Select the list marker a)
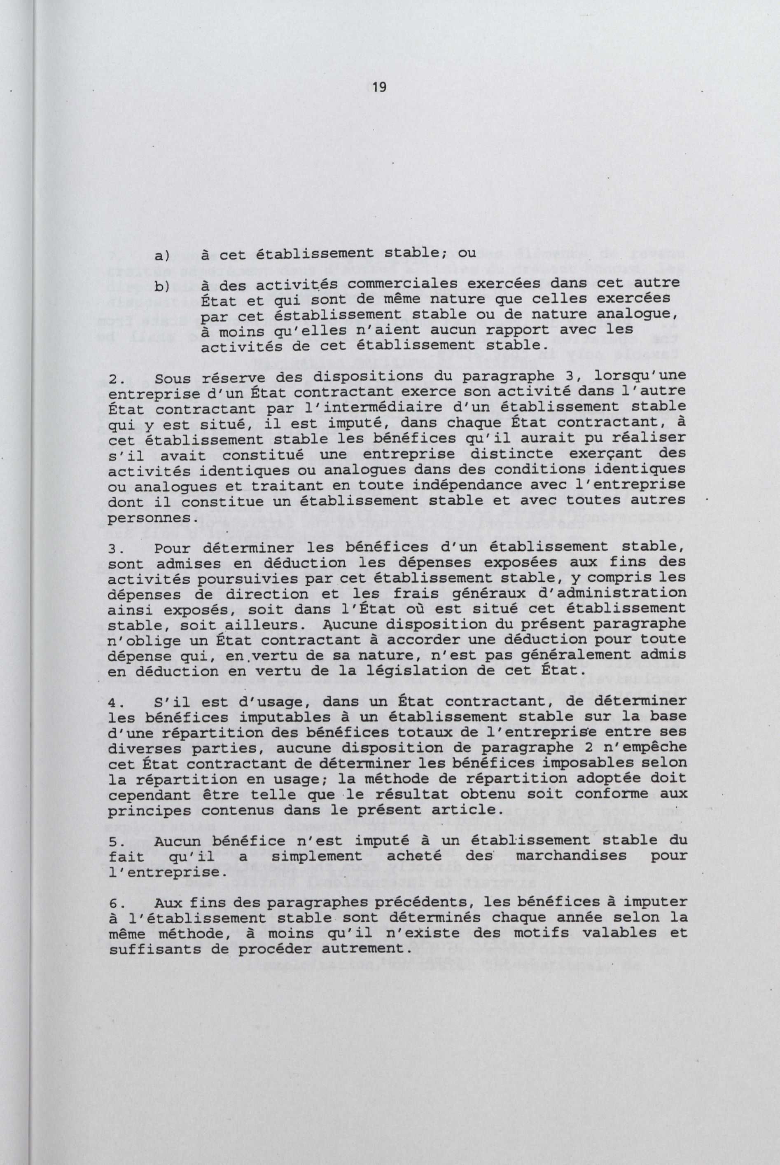coord(162,256)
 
